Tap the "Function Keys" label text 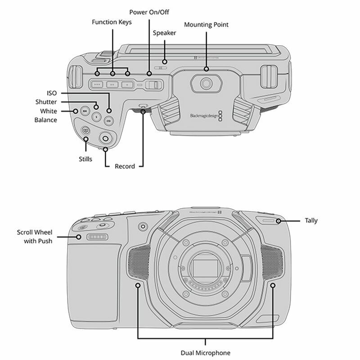click(112, 22)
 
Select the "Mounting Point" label click(207, 25)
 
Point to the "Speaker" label click(164, 33)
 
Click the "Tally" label click(311, 220)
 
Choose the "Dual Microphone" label click(205, 352)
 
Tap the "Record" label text click(125, 166)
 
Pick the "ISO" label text click(51, 93)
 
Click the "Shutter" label click(46, 102)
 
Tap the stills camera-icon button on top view click(85, 131)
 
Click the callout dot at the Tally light click(279, 220)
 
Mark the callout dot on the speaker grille click(165, 61)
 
